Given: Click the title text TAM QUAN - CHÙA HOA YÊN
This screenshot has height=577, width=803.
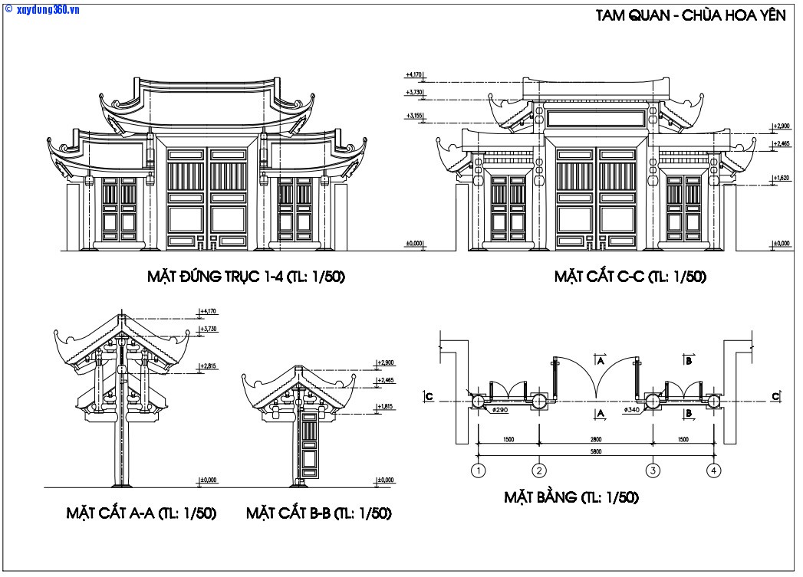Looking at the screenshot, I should tap(690, 17).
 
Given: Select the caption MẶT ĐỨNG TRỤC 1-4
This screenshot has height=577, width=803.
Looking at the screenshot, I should tap(246, 277).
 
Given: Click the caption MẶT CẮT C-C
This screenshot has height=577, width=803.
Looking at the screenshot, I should tap(630, 277).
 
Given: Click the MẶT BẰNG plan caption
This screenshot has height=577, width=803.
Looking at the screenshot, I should tap(571, 497).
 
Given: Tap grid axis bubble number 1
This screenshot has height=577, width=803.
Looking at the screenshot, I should tap(479, 470).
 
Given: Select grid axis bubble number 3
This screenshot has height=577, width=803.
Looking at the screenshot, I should tap(653, 470).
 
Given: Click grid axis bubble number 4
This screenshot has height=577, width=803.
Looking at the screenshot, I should tap(714, 470).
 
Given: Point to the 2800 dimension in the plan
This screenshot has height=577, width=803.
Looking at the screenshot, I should tap(596, 440).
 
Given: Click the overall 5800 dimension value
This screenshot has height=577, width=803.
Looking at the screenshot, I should tap(596, 452).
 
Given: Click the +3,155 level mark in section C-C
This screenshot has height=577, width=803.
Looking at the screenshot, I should tap(414, 116).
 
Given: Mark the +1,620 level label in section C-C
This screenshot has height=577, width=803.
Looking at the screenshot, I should tap(782, 178).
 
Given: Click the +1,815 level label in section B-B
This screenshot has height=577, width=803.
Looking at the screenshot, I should tap(385, 406).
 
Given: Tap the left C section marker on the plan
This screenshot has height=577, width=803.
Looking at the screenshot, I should tap(429, 396).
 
